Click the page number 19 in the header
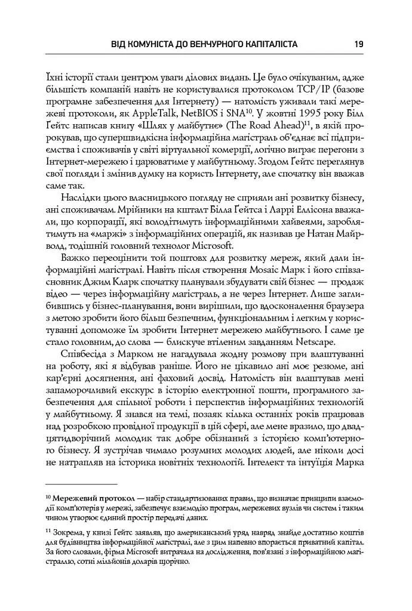(359, 44)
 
